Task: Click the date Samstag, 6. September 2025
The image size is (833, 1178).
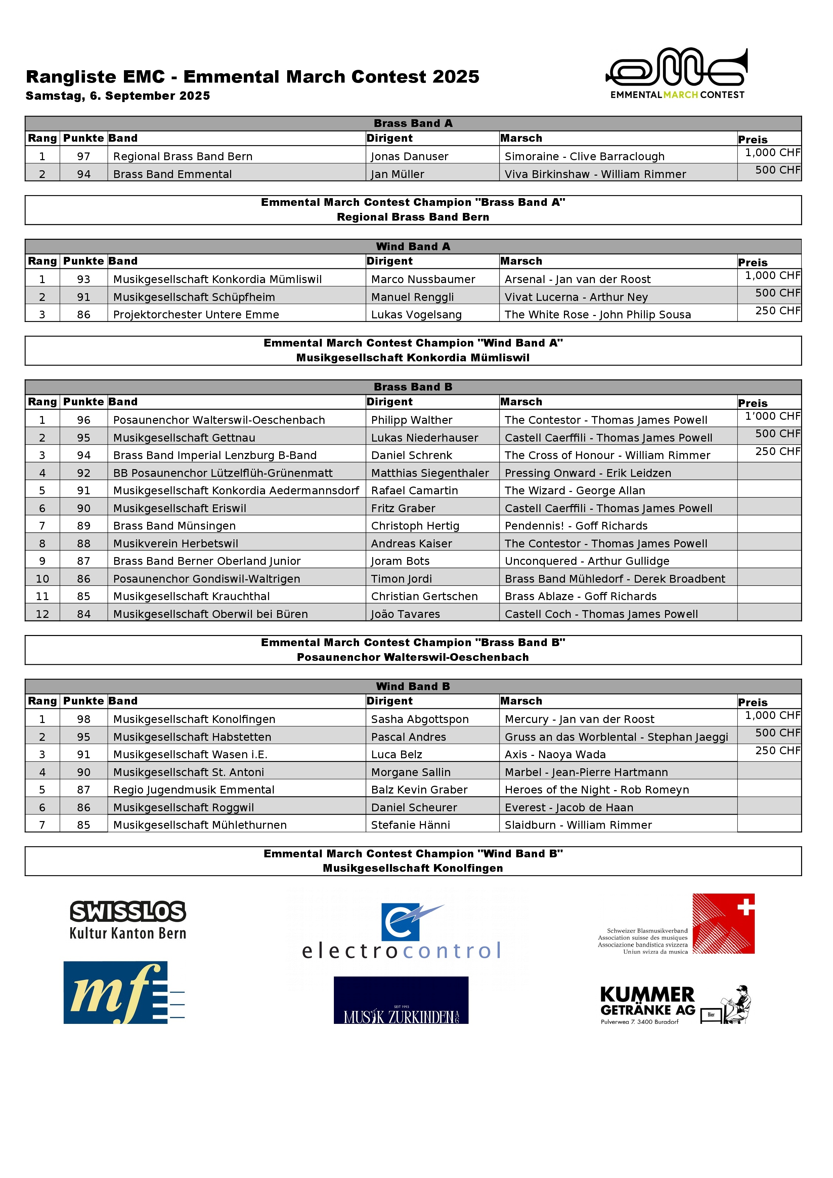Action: [118, 96]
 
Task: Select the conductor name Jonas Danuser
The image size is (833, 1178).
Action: [409, 156]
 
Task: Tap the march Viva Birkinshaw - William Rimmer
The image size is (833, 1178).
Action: [595, 174]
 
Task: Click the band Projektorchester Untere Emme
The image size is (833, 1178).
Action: [196, 315]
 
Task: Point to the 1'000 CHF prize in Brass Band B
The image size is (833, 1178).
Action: [773, 416]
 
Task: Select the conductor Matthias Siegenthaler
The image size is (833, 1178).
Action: [430, 473]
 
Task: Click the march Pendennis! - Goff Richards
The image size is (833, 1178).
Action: [576, 526]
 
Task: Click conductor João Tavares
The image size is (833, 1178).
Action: [405, 614]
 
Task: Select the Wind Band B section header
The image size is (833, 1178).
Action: [413, 686]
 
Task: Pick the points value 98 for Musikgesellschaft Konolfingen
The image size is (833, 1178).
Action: [84, 719]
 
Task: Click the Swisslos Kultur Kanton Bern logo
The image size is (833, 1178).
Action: [128, 920]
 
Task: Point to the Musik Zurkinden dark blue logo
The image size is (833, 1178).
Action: [401, 1000]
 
